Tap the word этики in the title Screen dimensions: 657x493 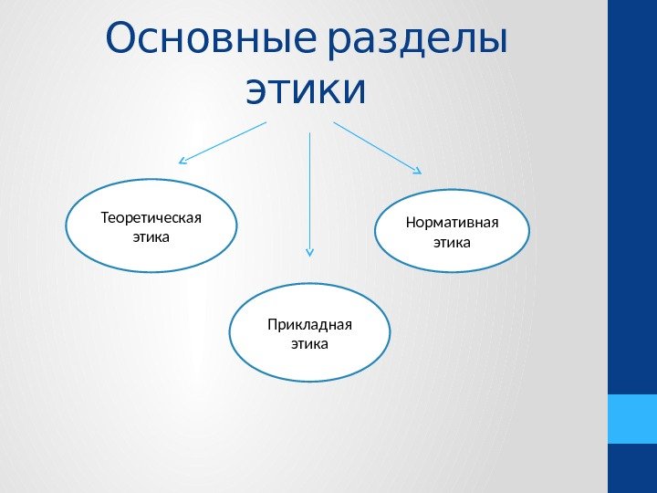(306, 90)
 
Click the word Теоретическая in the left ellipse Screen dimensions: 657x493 (151, 218)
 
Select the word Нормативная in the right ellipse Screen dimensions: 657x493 (452, 224)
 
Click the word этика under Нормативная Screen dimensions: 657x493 (452, 243)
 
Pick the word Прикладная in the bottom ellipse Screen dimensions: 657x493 (309, 325)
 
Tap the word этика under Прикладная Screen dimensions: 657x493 (308, 344)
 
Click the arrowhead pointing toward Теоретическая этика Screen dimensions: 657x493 (182, 162)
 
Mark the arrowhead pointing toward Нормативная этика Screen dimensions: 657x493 (417, 170)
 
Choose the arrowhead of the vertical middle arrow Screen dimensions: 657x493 (310, 251)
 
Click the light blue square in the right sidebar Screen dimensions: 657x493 (631, 419)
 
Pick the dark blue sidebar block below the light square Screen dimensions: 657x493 (631, 468)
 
